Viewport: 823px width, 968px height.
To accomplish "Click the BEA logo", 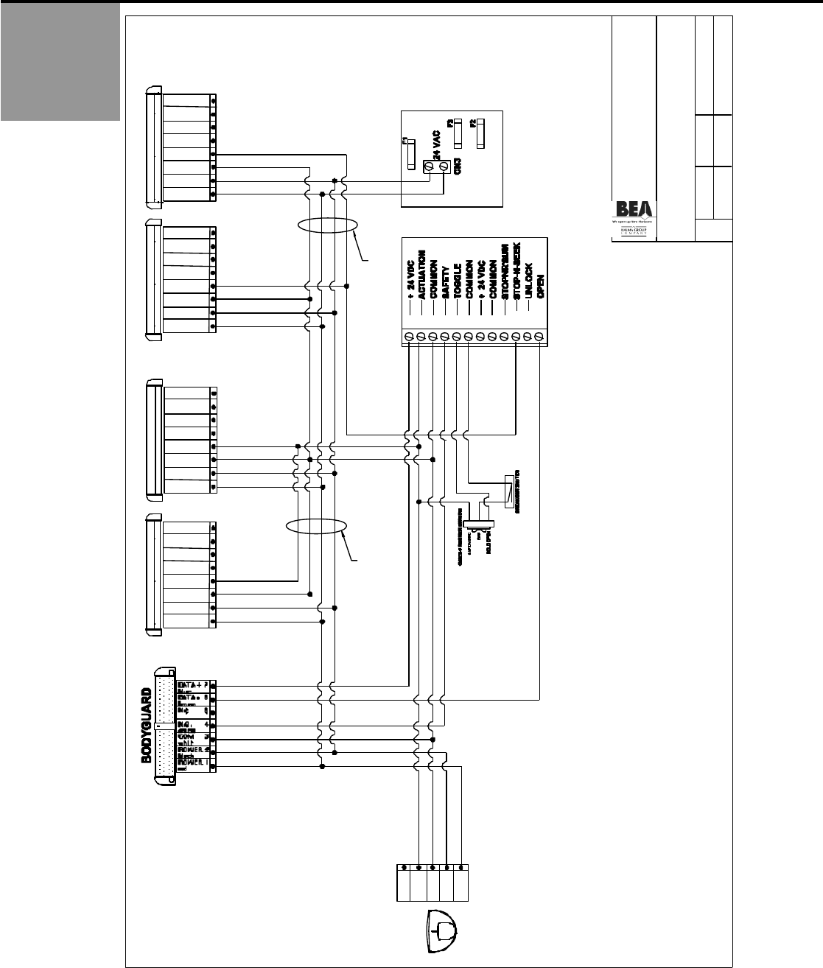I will click(633, 208).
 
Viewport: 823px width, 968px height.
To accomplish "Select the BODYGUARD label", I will click(147, 726).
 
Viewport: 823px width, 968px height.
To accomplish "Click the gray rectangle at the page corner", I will click(60, 61).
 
